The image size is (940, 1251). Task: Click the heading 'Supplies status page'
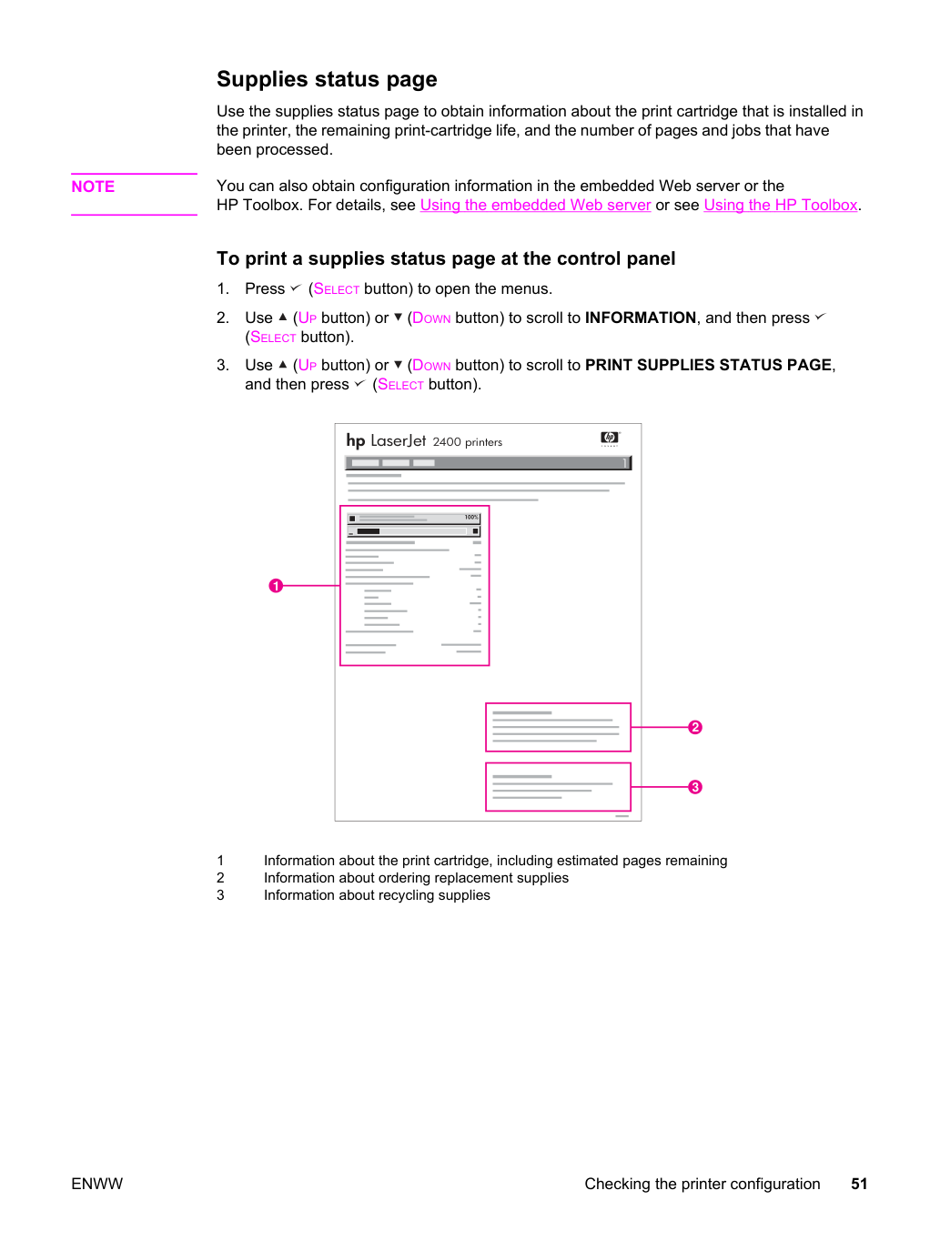click(x=327, y=79)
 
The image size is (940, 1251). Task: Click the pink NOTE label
click(x=93, y=187)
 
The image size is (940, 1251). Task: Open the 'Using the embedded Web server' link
click(x=535, y=206)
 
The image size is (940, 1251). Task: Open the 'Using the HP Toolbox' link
click(x=781, y=206)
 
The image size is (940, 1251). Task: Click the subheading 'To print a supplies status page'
click(x=446, y=258)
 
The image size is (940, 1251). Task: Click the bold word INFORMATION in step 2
click(x=640, y=318)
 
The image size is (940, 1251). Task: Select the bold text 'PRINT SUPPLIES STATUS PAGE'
click(x=708, y=365)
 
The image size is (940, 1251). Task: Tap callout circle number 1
click(x=276, y=586)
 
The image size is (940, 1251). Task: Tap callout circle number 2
click(x=695, y=727)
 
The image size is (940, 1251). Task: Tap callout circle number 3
click(x=695, y=787)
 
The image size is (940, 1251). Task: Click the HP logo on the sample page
click(x=610, y=438)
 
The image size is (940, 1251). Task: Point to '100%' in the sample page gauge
click(x=471, y=517)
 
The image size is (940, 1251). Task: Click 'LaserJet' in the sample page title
click(x=398, y=440)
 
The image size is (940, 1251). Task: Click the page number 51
click(x=859, y=1184)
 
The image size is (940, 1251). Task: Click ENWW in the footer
click(x=96, y=1184)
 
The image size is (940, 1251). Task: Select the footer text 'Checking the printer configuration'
click(x=702, y=1185)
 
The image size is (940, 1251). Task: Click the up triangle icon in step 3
click(x=282, y=364)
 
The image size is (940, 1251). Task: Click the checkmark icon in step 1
click(x=295, y=288)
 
